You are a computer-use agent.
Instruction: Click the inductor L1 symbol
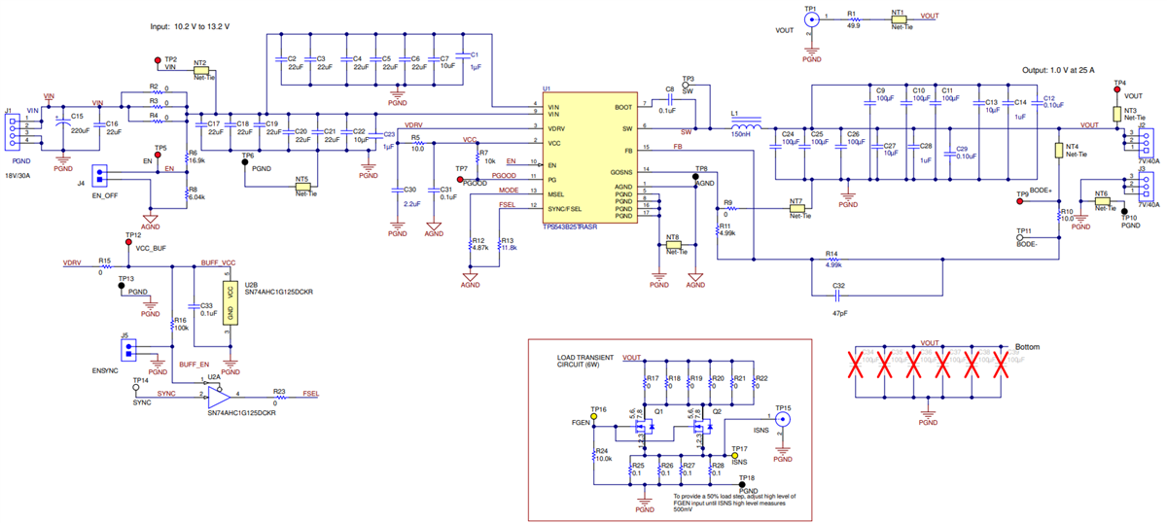click(x=747, y=126)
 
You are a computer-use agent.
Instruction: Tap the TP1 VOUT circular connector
click(x=812, y=17)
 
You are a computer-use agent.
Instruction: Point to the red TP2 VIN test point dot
click(x=159, y=60)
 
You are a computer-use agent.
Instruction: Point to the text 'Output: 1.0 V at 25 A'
click(x=1071, y=70)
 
